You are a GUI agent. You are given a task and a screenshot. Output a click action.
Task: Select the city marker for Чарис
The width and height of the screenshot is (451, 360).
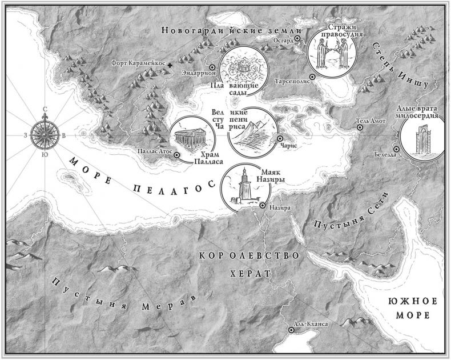(280, 138)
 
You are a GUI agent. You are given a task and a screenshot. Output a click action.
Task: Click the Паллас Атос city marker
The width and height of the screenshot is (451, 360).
(176, 155)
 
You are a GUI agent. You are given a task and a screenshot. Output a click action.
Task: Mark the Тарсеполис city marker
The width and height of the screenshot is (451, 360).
(312, 77)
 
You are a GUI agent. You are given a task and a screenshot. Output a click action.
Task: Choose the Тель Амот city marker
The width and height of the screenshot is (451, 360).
(360, 127)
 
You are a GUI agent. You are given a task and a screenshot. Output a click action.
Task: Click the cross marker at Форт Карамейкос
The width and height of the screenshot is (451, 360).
(171, 67)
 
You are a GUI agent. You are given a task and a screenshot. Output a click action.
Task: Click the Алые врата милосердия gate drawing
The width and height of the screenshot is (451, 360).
(421, 140)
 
